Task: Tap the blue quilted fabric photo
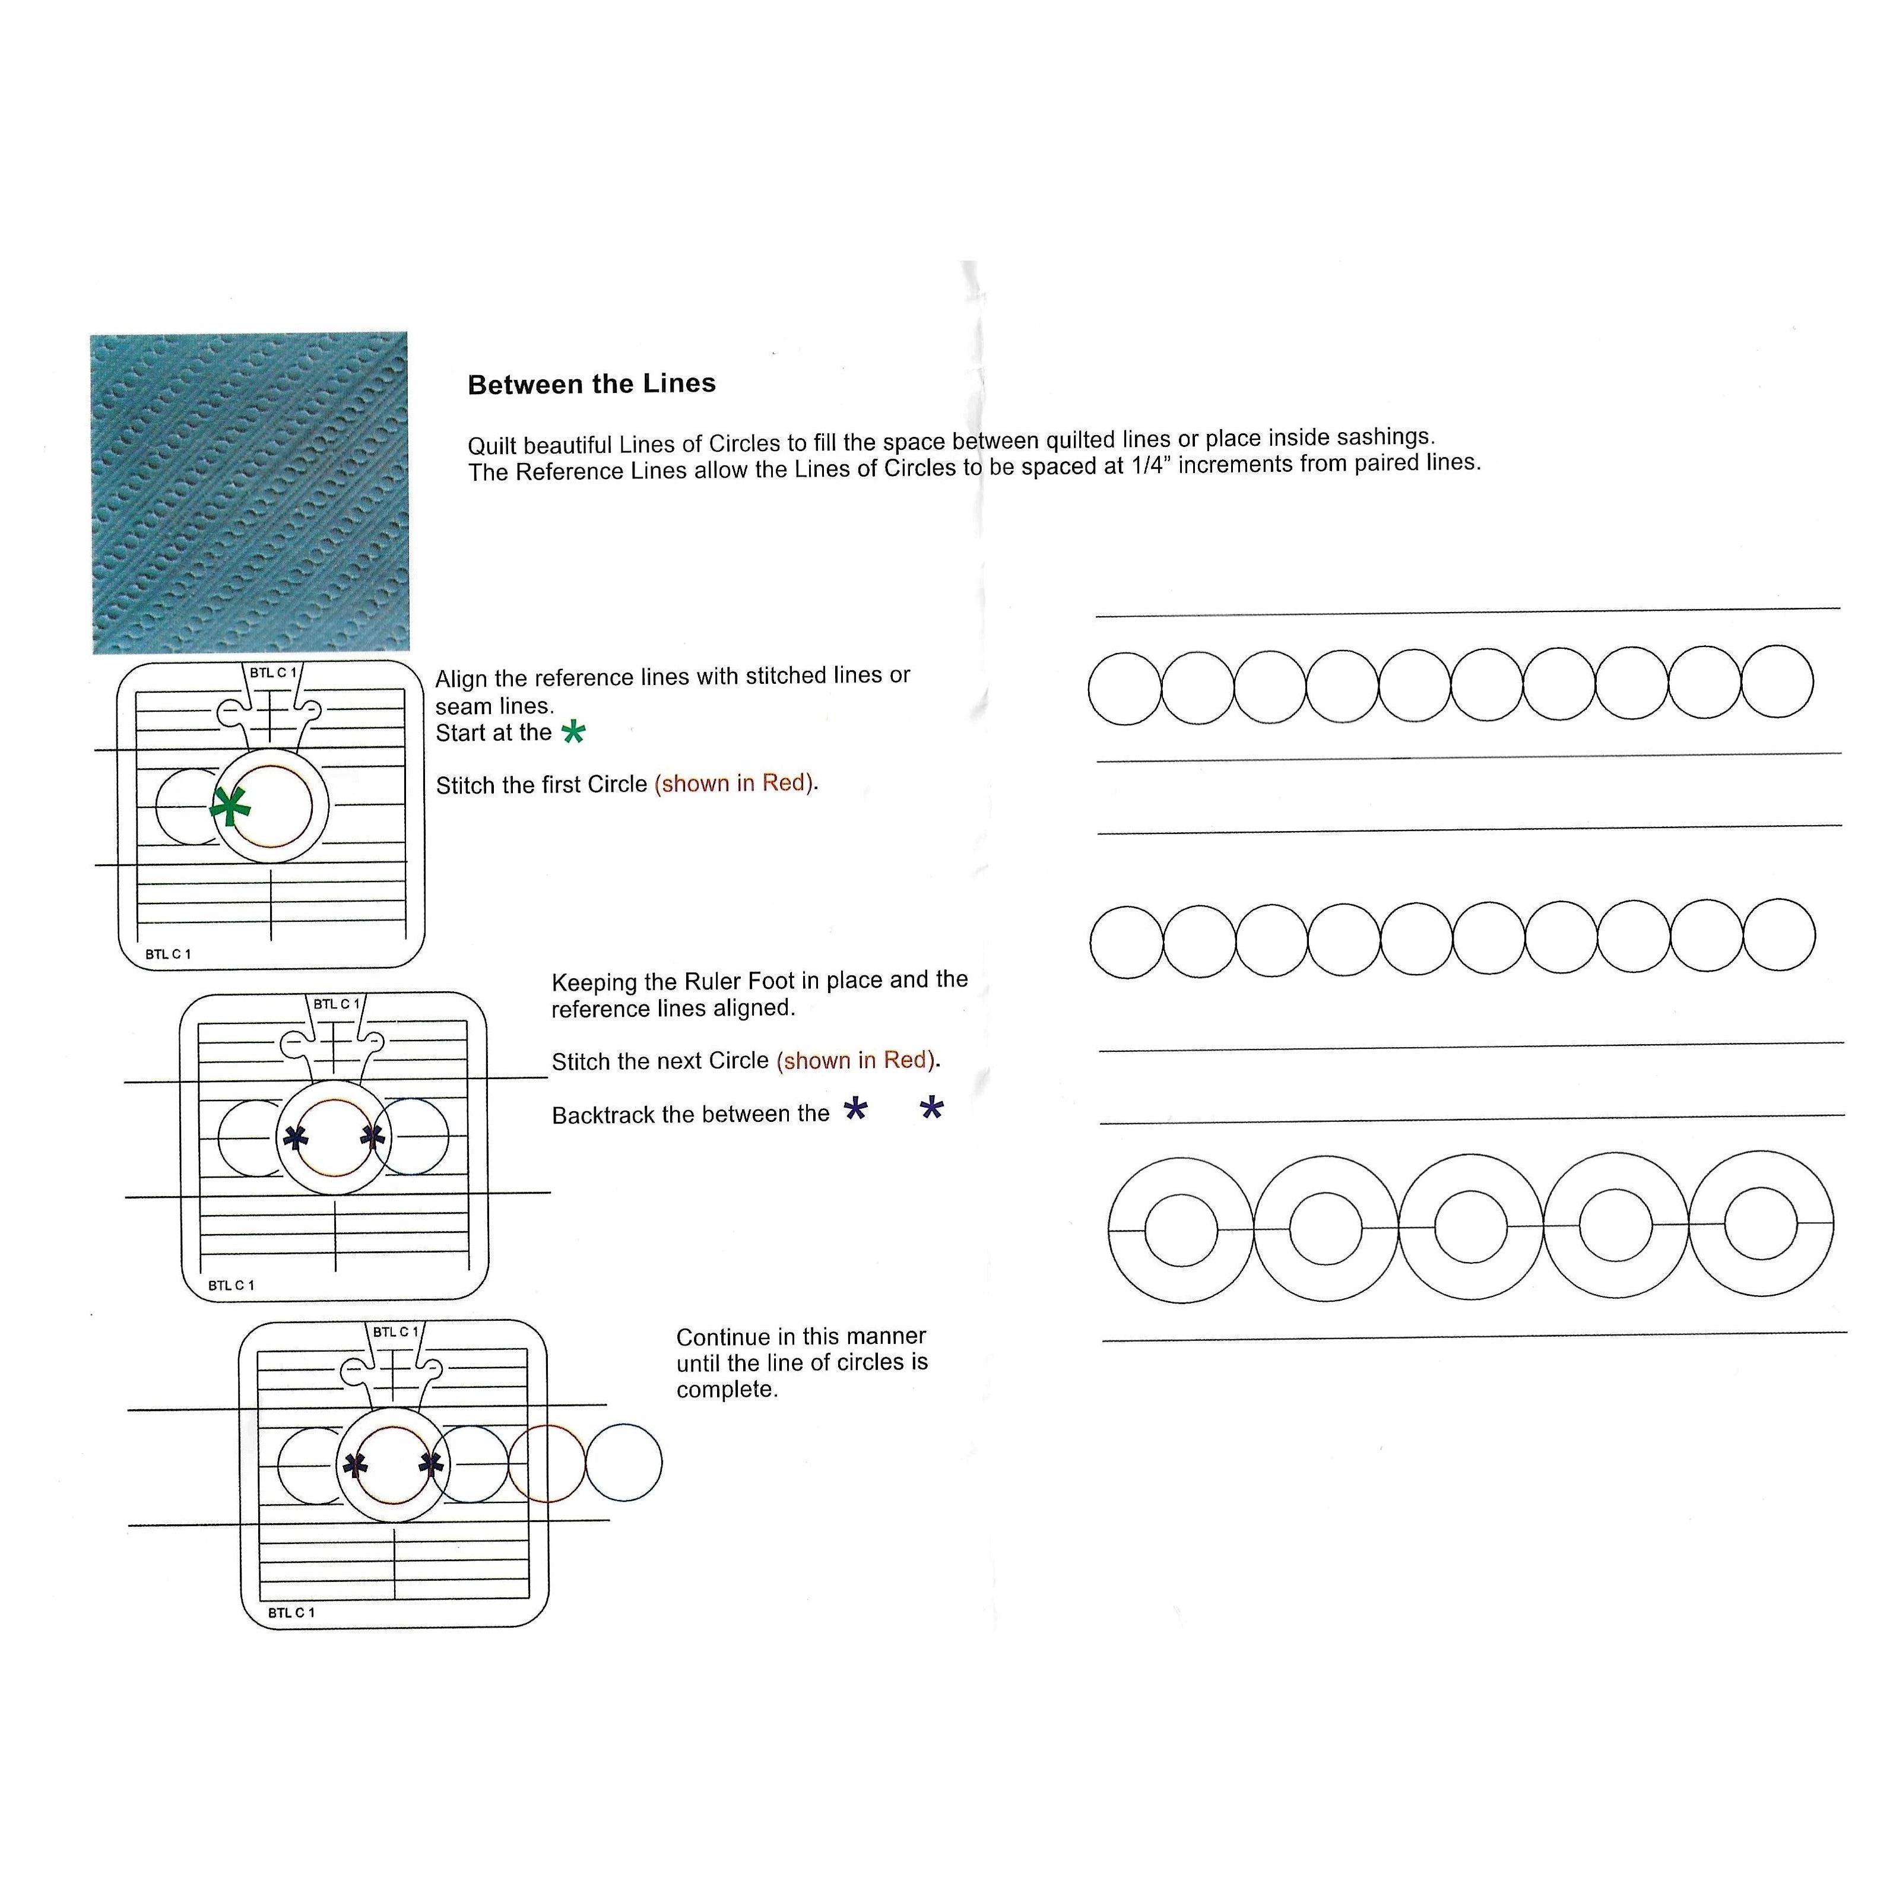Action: click(x=250, y=492)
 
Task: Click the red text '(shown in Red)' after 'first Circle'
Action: click(x=735, y=783)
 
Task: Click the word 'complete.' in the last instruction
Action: click(x=727, y=1390)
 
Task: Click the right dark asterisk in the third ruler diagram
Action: click(x=431, y=1465)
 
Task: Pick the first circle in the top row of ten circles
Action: click(x=1125, y=689)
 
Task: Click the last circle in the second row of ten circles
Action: click(x=1778, y=935)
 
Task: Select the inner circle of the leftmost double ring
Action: click(x=1181, y=1230)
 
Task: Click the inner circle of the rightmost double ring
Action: click(x=1760, y=1223)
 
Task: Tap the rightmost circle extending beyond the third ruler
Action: click(x=623, y=1462)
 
